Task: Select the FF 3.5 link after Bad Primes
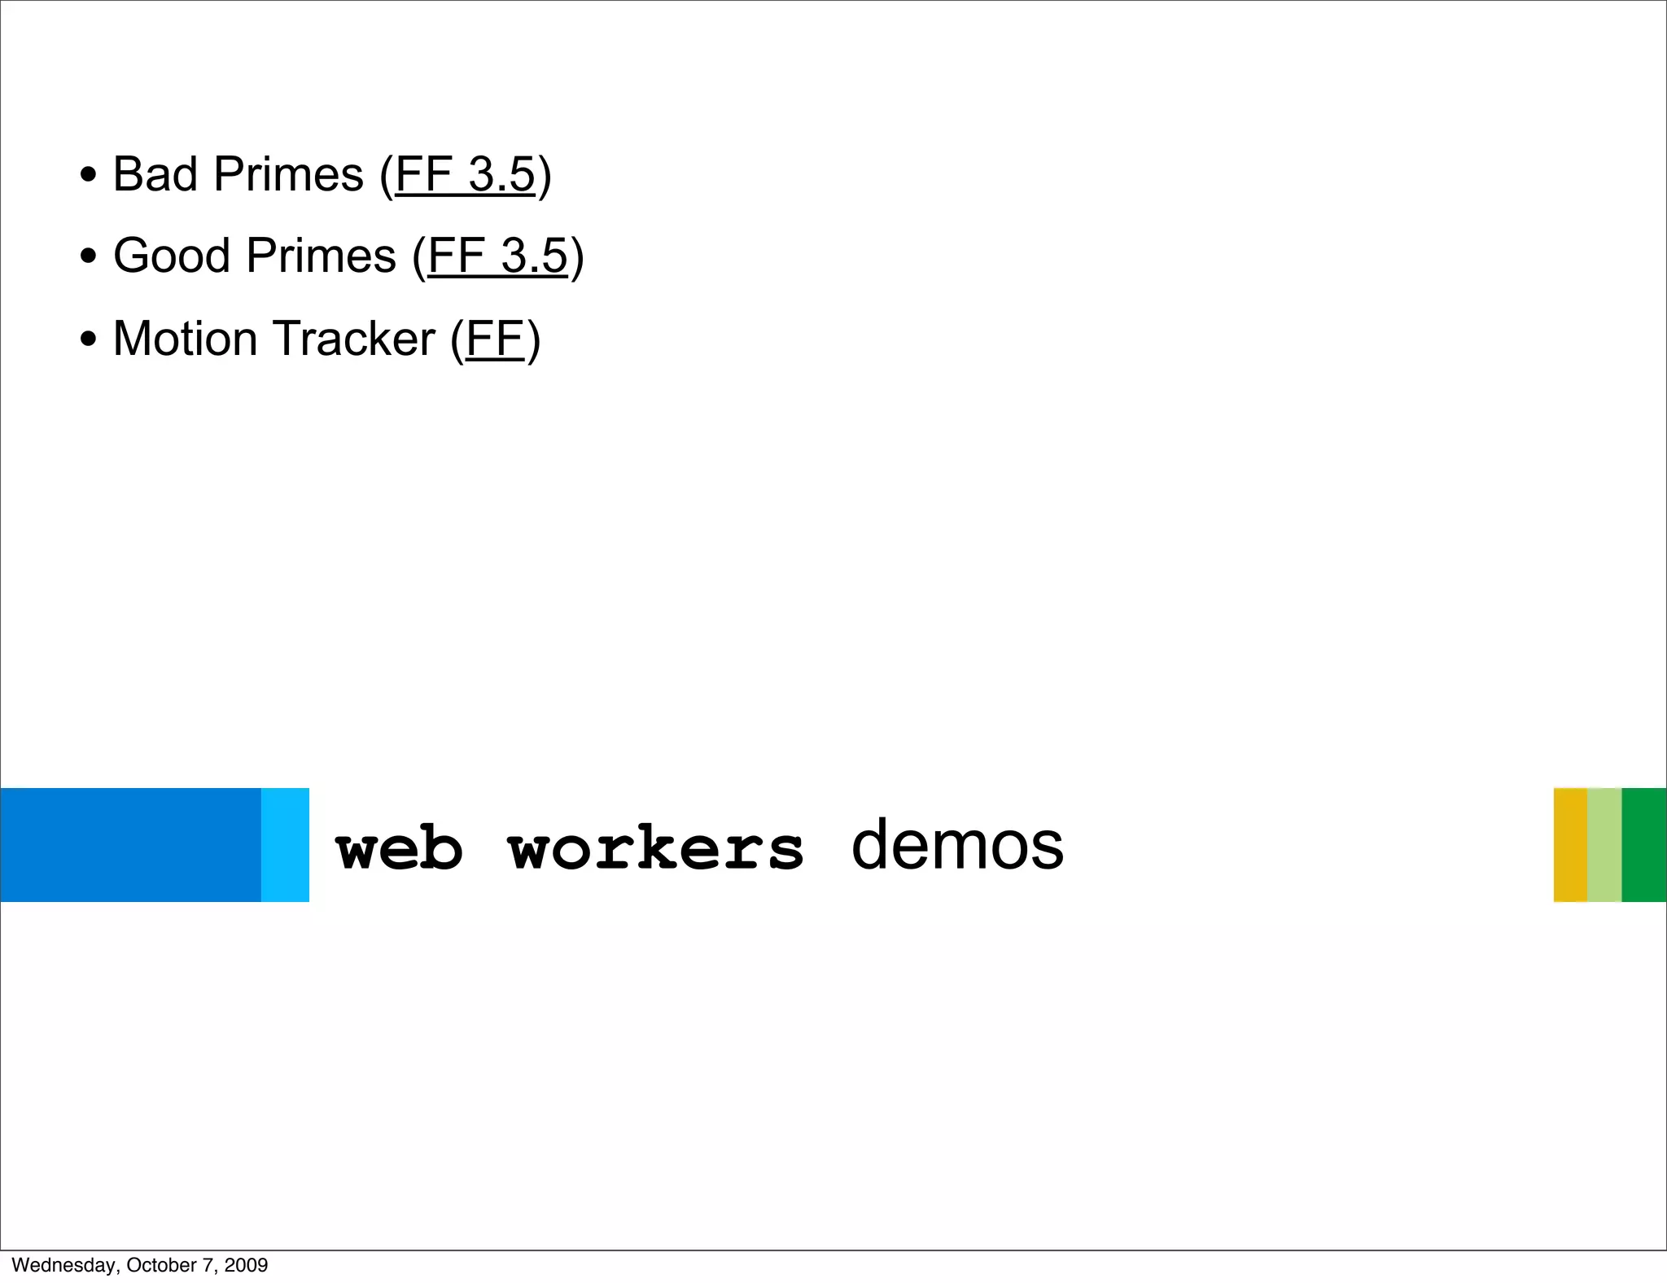point(465,174)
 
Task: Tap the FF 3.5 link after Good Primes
point(497,256)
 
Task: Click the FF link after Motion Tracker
point(494,339)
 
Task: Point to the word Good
point(172,256)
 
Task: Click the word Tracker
point(354,339)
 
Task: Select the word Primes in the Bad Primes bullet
point(288,174)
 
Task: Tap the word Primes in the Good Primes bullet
point(321,256)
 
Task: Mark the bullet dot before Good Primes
point(89,257)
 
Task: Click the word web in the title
point(399,848)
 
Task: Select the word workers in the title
point(655,848)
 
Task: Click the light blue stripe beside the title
point(285,844)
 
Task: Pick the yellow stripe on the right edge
point(1570,844)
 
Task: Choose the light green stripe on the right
point(1604,844)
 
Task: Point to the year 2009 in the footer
point(246,1265)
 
